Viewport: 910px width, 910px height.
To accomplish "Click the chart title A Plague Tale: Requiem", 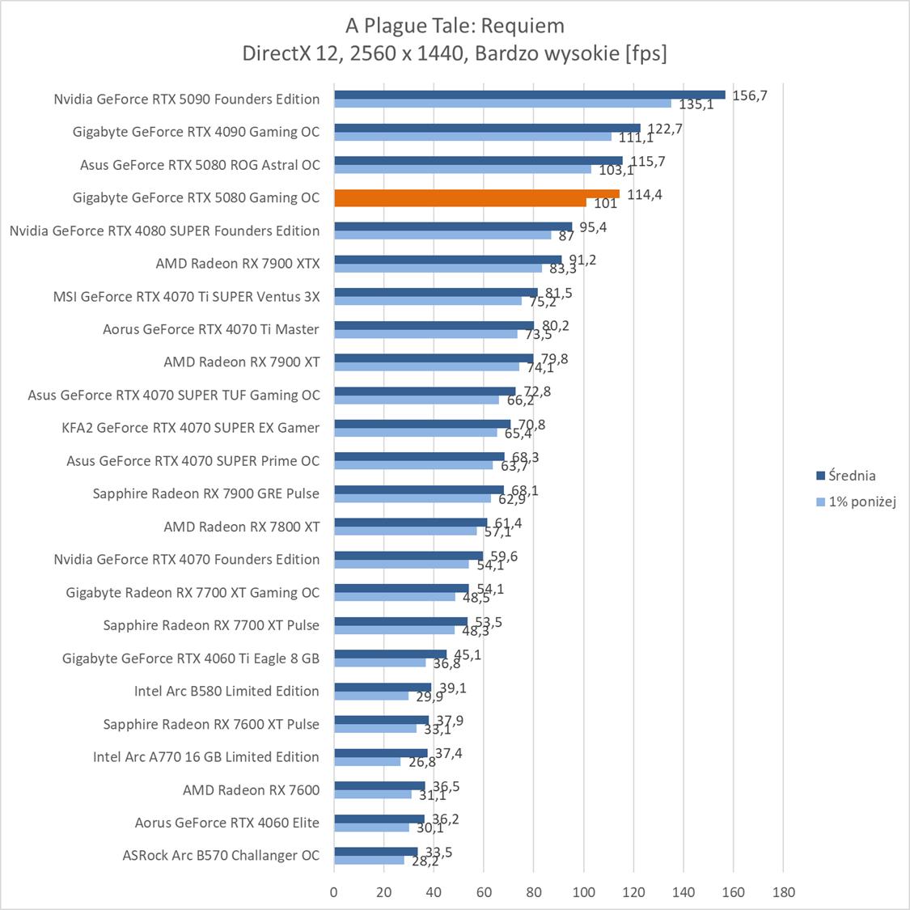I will point(455,26).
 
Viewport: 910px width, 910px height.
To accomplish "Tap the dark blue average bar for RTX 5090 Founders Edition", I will point(529,95).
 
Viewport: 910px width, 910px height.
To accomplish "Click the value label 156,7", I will point(749,95).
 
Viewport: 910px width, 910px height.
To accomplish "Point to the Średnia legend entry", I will point(845,476).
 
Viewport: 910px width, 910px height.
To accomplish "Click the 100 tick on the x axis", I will point(583,892).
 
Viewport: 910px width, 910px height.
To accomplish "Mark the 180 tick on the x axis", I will point(783,892).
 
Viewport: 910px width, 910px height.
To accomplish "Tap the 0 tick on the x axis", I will point(334,892).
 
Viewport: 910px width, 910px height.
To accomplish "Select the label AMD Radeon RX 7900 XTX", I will point(238,263).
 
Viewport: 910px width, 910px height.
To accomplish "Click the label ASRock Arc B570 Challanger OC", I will point(221,855).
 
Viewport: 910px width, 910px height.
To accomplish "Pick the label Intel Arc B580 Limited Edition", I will point(226,691).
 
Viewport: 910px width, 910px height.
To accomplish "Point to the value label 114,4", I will point(645,194).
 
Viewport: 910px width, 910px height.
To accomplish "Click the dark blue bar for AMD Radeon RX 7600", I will point(379,785).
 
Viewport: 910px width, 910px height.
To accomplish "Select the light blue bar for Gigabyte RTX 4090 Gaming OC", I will point(472,137).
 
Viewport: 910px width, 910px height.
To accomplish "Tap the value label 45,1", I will point(467,655).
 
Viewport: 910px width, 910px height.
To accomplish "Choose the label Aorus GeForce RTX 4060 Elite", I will point(227,823).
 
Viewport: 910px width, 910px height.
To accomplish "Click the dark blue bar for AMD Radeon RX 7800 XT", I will point(410,523).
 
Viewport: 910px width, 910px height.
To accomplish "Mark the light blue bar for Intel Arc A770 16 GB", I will point(367,761).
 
